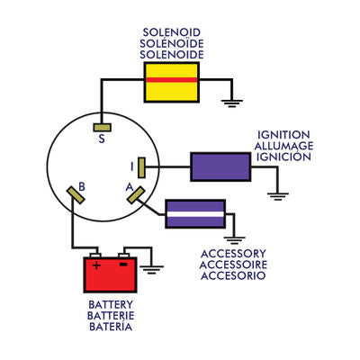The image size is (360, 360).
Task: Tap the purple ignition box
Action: pos(220,166)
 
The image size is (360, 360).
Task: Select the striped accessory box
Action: pos(194,214)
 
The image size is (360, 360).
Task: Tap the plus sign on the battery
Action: pos(96,265)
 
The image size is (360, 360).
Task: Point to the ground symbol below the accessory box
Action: pos(233,238)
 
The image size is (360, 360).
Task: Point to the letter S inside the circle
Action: pos(101,139)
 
